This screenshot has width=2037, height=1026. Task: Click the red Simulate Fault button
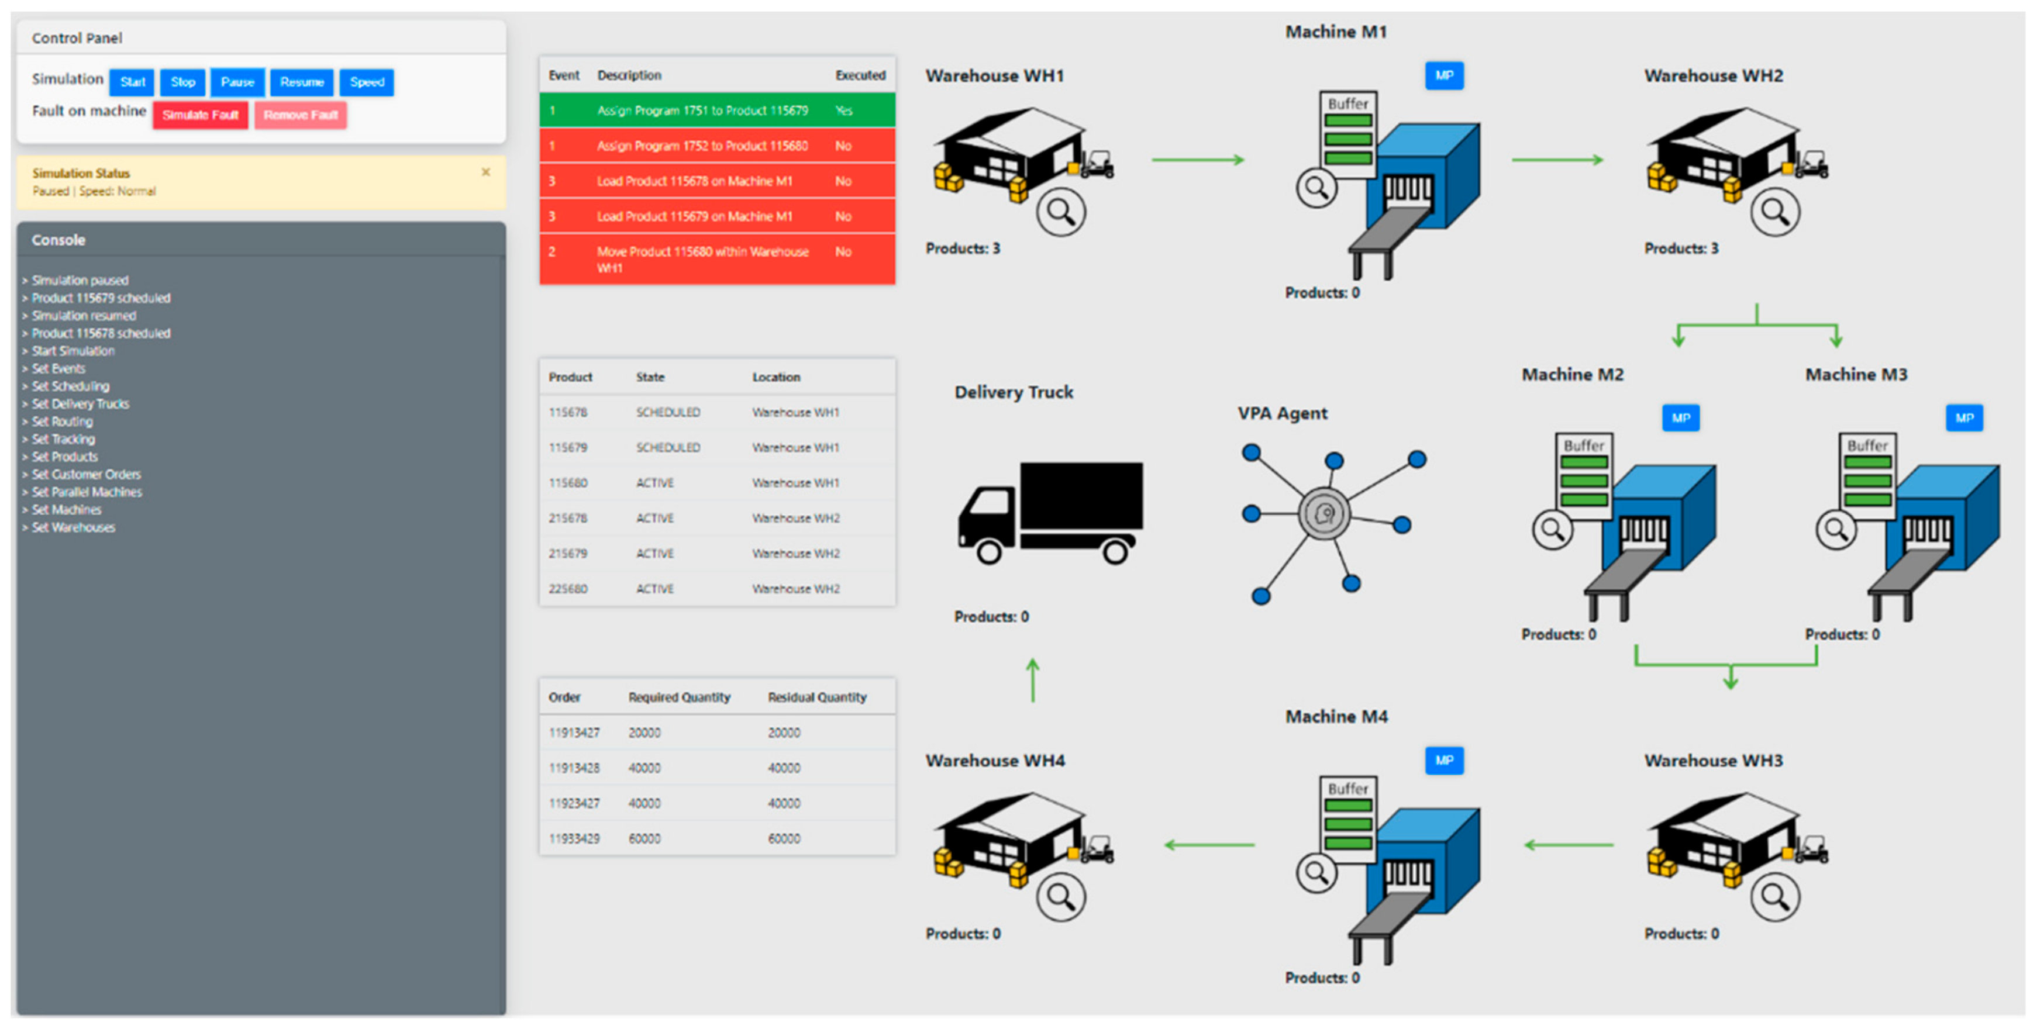tap(200, 115)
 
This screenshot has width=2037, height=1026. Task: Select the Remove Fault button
tap(301, 115)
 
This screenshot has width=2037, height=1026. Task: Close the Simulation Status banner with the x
tap(485, 172)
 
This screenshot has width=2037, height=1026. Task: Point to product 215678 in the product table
tap(568, 519)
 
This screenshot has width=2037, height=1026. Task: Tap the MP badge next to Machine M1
tap(1444, 76)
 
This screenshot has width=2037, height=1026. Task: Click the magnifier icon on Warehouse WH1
tap(1060, 212)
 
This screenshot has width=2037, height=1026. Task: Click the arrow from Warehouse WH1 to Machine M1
tap(1197, 160)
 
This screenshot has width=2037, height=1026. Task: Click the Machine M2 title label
tap(1572, 375)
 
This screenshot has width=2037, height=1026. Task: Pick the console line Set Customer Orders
tap(86, 474)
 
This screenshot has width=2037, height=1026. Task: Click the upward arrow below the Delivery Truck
tap(1033, 680)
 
